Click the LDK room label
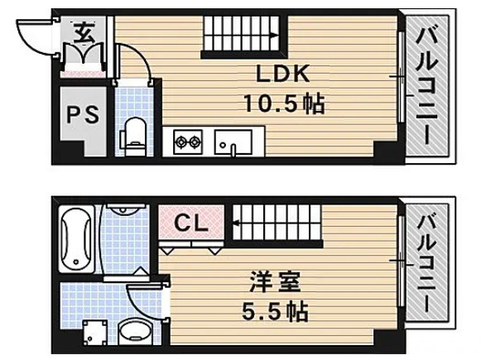[283, 74]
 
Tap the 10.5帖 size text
[284, 103]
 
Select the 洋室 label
[275, 281]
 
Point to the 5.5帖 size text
[275, 311]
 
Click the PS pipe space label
[83, 114]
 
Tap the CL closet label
[191, 223]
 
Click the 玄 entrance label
[84, 32]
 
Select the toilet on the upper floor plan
[135, 137]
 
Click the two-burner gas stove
[188, 142]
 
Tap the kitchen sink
[233, 142]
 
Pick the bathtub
[76, 239]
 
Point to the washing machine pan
[95, 333]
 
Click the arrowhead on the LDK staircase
[275, 36]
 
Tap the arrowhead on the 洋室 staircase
[237, 223]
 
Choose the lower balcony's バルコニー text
[426, 262]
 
